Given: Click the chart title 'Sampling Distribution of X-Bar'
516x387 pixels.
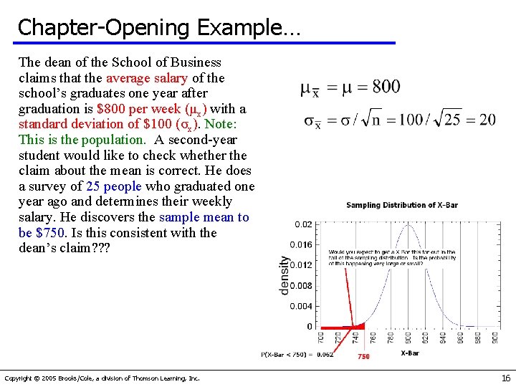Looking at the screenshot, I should coord(401,205).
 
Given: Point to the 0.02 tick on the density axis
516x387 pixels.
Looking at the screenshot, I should coord(304,224).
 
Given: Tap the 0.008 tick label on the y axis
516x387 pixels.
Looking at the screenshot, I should coord(302,286).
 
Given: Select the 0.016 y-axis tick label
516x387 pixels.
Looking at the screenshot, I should coord(302,245).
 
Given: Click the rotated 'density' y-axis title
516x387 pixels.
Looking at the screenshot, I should coord(284,274).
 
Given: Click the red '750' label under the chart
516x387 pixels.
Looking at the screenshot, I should coord(363,356).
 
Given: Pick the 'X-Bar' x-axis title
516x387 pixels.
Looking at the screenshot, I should coord(410,353).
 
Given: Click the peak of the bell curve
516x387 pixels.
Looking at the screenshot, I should coord(408,226).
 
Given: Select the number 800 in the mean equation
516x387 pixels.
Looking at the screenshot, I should coord(386,87).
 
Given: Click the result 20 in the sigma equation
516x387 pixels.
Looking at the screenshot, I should coord(487,120).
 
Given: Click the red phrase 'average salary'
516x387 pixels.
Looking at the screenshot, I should coord(147,78).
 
